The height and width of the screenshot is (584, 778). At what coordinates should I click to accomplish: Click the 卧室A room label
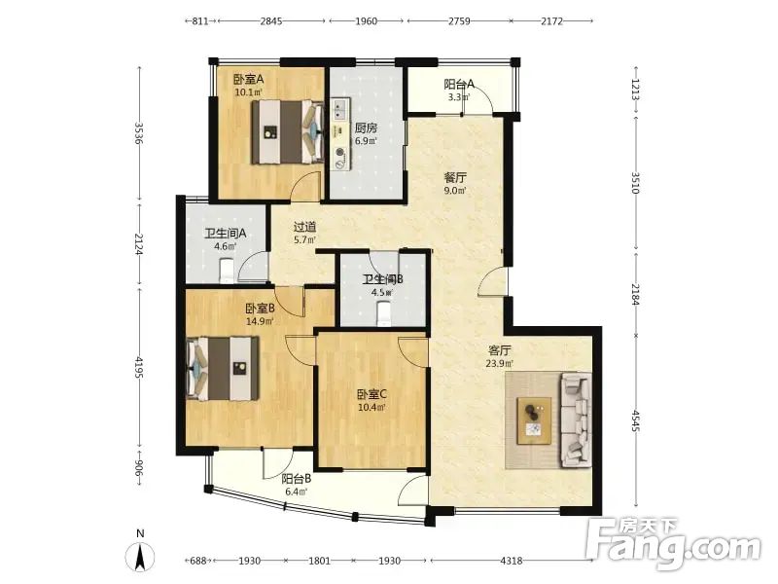(x=248, y=79)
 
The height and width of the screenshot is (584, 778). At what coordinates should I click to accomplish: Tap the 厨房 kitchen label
(x=366, y=128)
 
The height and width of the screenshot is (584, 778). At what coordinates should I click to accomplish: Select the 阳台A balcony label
(x=459, y=84)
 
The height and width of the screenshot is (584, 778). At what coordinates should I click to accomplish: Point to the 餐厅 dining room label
(x=455, y=178)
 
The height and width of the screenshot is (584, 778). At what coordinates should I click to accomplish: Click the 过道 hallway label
(x=304, y=228)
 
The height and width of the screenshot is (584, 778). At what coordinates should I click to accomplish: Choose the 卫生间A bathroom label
(x=226, y=233)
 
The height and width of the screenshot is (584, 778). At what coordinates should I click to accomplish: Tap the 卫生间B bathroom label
(x=382, y=279)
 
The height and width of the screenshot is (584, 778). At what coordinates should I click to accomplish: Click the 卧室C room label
(x=372, y=395)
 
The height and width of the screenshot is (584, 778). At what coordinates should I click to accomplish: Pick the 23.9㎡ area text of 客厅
(x=499, y=363)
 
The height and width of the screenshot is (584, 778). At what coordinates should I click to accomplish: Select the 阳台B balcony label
(x=297, y=479)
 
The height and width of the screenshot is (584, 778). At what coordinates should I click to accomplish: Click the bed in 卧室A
(x=288, y=131)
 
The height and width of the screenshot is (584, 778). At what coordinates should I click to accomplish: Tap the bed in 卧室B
(x=223, y=368)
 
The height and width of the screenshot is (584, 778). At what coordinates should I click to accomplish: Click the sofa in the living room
(x=576, y=420)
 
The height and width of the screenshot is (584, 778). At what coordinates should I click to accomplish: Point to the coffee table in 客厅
(x=534, y=420)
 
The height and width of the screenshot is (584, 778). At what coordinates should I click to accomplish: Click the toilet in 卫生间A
(x=228, y=271)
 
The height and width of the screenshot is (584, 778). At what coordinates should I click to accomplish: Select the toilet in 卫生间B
(x=384, y=313)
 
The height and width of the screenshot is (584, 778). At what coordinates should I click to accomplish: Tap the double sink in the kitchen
(x=339, y=109)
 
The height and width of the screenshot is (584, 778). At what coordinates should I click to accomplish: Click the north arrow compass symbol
(x=140, y=556)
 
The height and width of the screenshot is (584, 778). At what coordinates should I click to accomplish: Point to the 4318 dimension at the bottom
(x=512, y=561)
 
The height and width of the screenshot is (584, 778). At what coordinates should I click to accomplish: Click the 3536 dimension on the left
(x=139, y=133)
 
